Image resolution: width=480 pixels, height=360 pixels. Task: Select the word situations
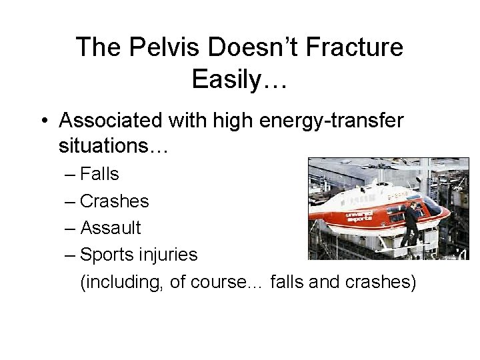coord(114,145)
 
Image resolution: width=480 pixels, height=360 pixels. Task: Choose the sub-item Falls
coord(99,175)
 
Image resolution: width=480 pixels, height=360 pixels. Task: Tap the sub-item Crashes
coord(114,201)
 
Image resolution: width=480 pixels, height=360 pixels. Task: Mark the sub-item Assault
coord(110,228)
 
